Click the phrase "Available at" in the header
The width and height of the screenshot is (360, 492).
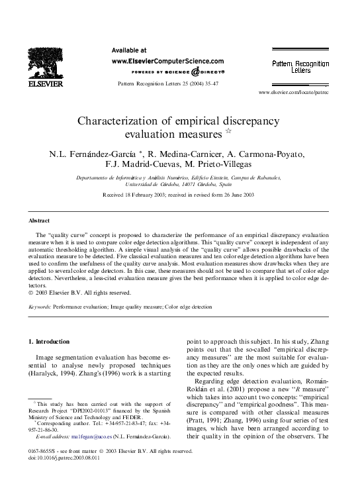tap(129, 50)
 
